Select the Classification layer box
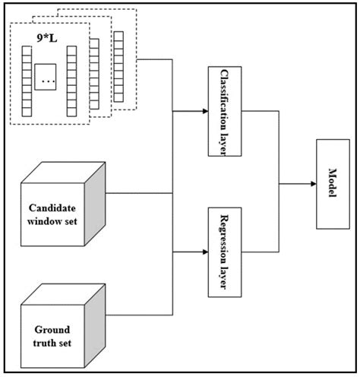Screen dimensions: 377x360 [225, 109]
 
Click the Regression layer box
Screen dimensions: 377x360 [225, 252]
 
